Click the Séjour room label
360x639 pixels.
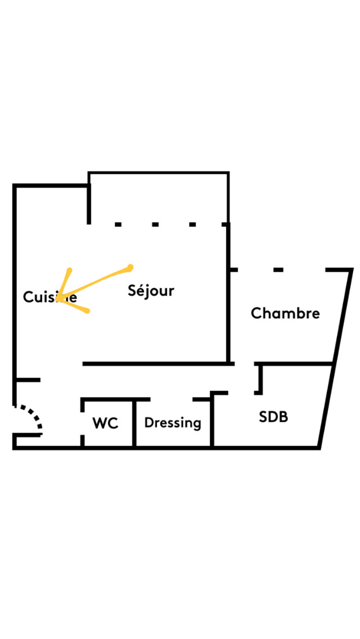point(151,291)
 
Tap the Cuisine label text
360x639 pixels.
point(49,297)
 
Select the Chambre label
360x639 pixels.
point(285,313)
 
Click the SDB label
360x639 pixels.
point(273,417)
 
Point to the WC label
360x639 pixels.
point(106,424)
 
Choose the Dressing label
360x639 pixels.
point(173,423)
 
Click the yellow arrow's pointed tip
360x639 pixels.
point(58,298)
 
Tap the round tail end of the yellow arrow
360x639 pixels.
point(130,267)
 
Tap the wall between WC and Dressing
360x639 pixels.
point(134,424)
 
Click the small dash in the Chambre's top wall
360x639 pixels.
point(278,270)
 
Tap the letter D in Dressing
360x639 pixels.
point(148,422)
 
